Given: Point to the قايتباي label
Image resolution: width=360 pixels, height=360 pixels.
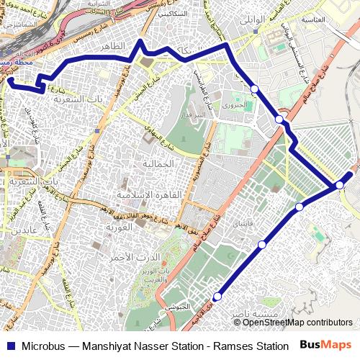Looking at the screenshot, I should click(x=243, y=224).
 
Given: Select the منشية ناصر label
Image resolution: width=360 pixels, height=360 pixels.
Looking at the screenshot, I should click(x=253, y=315).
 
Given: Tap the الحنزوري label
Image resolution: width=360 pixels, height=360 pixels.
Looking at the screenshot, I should click(x=235, y=105).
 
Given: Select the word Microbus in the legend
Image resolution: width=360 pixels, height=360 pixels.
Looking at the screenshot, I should click(x=44, y=346).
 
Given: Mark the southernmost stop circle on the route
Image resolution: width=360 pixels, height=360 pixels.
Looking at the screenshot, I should click(x=217, y=294).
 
